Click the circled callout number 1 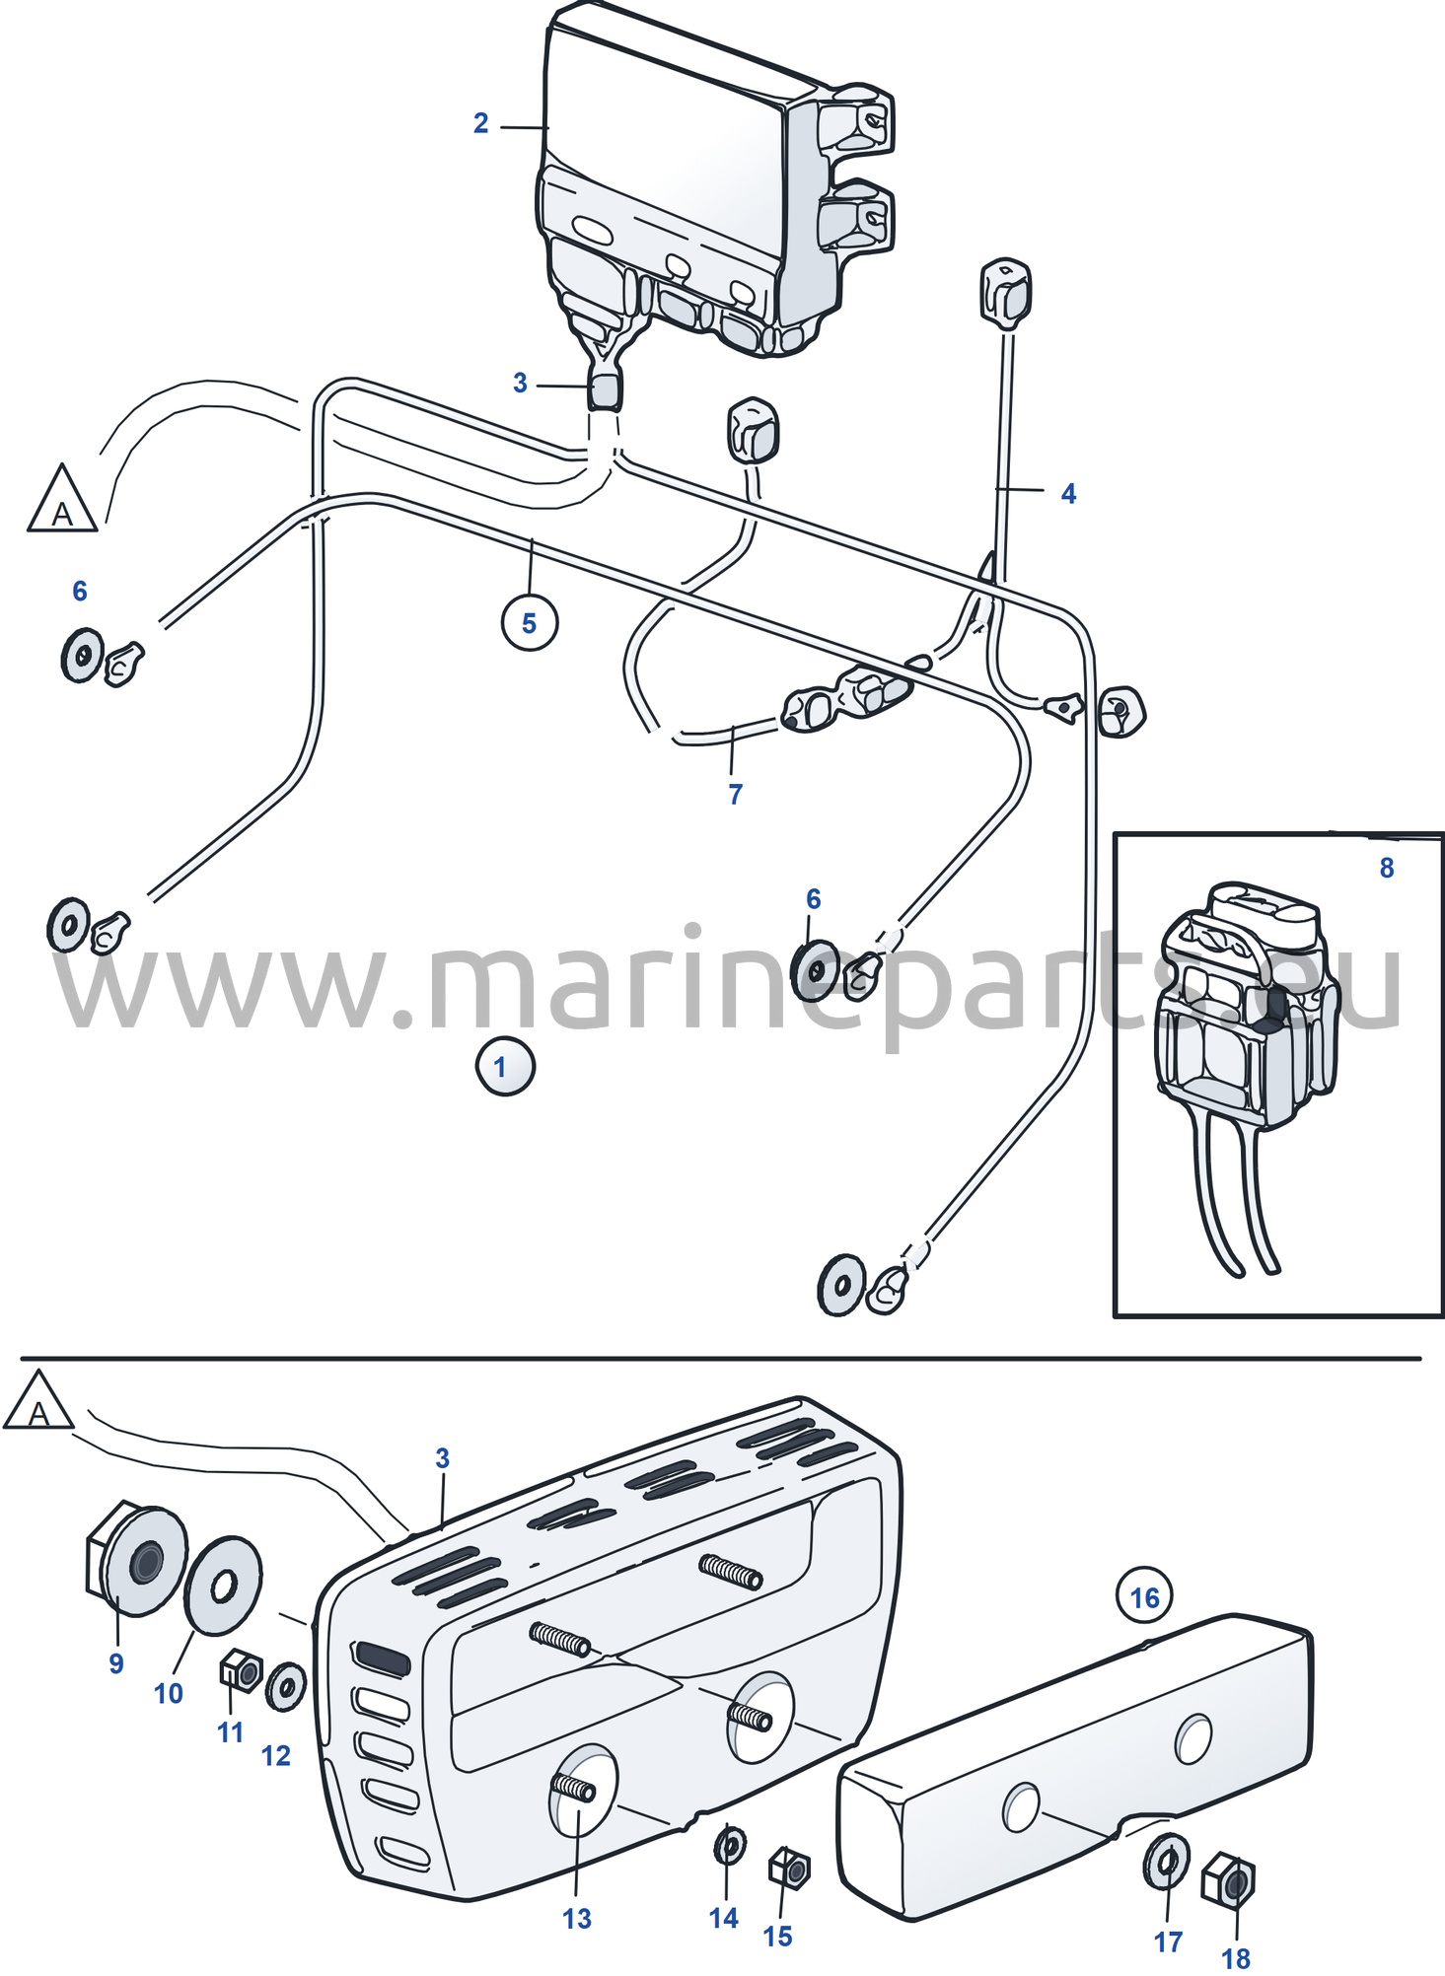point(505,1066)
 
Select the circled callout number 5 point(530,622)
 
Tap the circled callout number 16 point(1144,1596)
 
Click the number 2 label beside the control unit point(480,123)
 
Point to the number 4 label point(1068,494)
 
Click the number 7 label point(735,794)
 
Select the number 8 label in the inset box point(1386,868)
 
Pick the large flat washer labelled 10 point(223,1586)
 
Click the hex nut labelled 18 point(1228,1881)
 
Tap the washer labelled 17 point(1167,1862)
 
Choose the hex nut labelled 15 point(789,1868)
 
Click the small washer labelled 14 point(730,1844)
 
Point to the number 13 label point(577,1918)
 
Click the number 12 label point(276,1755)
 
